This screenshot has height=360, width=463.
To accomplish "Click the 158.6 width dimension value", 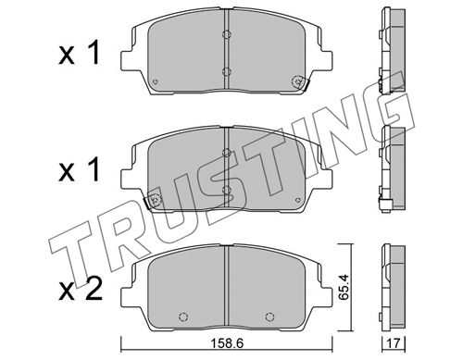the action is pyautogui.click(x=227, y=343).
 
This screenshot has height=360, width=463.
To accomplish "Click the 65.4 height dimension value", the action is pyautogui.click(x=344, y=287).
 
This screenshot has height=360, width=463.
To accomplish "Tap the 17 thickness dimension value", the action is pyautogui.click(x=394, y=343).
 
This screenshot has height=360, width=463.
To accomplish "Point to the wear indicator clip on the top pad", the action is pyautogui.click(x=300, y=82).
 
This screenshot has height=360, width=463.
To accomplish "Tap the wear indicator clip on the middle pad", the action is pyautogui.click(x=153, y=201).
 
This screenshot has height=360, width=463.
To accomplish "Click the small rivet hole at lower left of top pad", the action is pyautogui.click(x=156, y=81).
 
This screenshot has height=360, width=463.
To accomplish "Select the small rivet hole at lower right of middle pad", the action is pyautogui.click(x=298, y=200).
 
